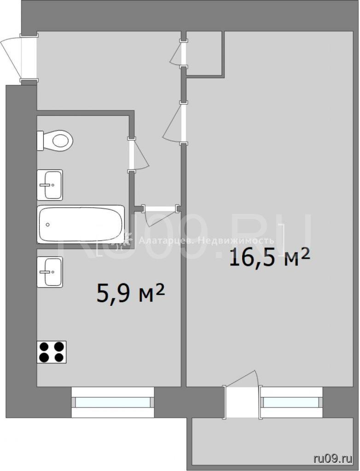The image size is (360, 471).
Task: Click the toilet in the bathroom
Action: pyautogui.click(x=55, y=140)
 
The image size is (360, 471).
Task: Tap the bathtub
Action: pyautogui.click(x=81, y=224)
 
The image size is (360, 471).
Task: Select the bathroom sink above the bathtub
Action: pyautogui.click(x=50, y=185)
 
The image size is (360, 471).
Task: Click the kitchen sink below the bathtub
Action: pyautogui.click(x=50, y=272)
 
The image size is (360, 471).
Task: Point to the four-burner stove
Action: pyautogui.click(x=52, y=352)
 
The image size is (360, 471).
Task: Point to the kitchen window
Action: pyautogui.click(x=113, y=402)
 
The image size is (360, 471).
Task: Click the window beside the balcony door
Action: pyautogui.click(x=291, y=402)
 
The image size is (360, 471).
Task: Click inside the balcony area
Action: pyautogui.click(x=272, y=443)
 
